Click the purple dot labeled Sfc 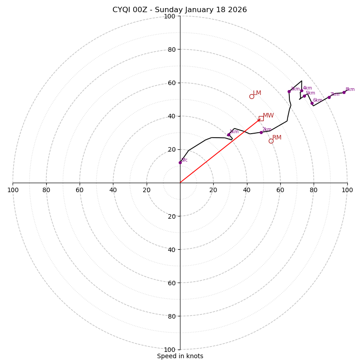pos(180,162)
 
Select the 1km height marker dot pos(229,135)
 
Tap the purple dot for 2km pos(261,132)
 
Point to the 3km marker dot pos(289,91)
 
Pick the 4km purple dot pos(301,91)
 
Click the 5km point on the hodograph pos(304,96)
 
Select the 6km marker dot pos(312,103)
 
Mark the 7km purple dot pos(329,97)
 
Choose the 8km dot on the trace pos(344,92)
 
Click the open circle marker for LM pos(252,96)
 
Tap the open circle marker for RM pos(271,141)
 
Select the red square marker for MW pos(261,118)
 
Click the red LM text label pos(257,93)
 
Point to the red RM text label pos(277,138)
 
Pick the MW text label pos(268,116)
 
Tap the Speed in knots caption pos(180,356)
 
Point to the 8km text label pos(350,90)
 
